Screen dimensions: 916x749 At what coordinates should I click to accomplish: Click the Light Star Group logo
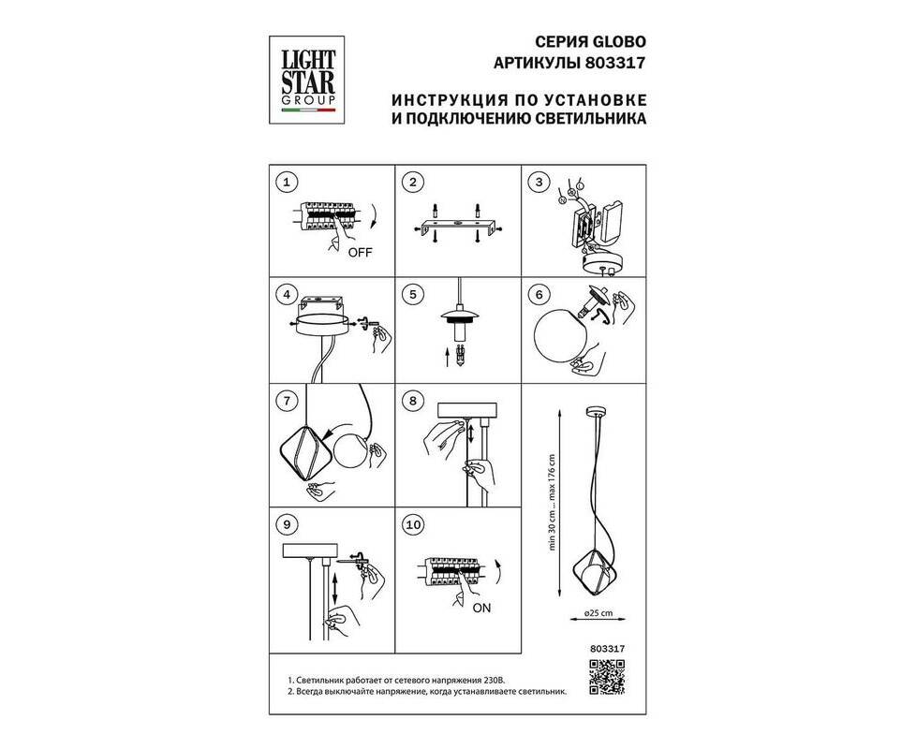coord(306,80)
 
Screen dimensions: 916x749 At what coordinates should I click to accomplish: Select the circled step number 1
coord(287,183)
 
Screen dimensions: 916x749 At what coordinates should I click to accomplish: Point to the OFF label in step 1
coord(360,253)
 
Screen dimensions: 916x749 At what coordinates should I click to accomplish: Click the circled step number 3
coord(539,183)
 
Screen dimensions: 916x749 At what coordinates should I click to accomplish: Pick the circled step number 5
coord(413,294)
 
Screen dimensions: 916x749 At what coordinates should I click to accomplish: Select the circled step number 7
coord(287,401)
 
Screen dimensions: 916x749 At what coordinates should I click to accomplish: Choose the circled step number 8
coord(413,401)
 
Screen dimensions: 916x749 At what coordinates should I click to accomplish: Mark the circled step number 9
coord(287,524)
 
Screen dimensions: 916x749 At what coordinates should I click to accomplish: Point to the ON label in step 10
coord(482,609)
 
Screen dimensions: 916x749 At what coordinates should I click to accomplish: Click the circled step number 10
coord(413,524)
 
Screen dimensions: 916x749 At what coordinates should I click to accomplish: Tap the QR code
coord(607,677)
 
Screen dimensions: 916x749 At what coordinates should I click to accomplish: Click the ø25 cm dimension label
coord(598,613)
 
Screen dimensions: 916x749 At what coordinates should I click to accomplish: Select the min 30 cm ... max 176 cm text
coord(552,502)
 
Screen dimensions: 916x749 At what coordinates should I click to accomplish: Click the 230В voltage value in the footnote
coord(493,681)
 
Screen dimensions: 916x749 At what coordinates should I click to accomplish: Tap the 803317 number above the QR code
coord(608,648)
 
